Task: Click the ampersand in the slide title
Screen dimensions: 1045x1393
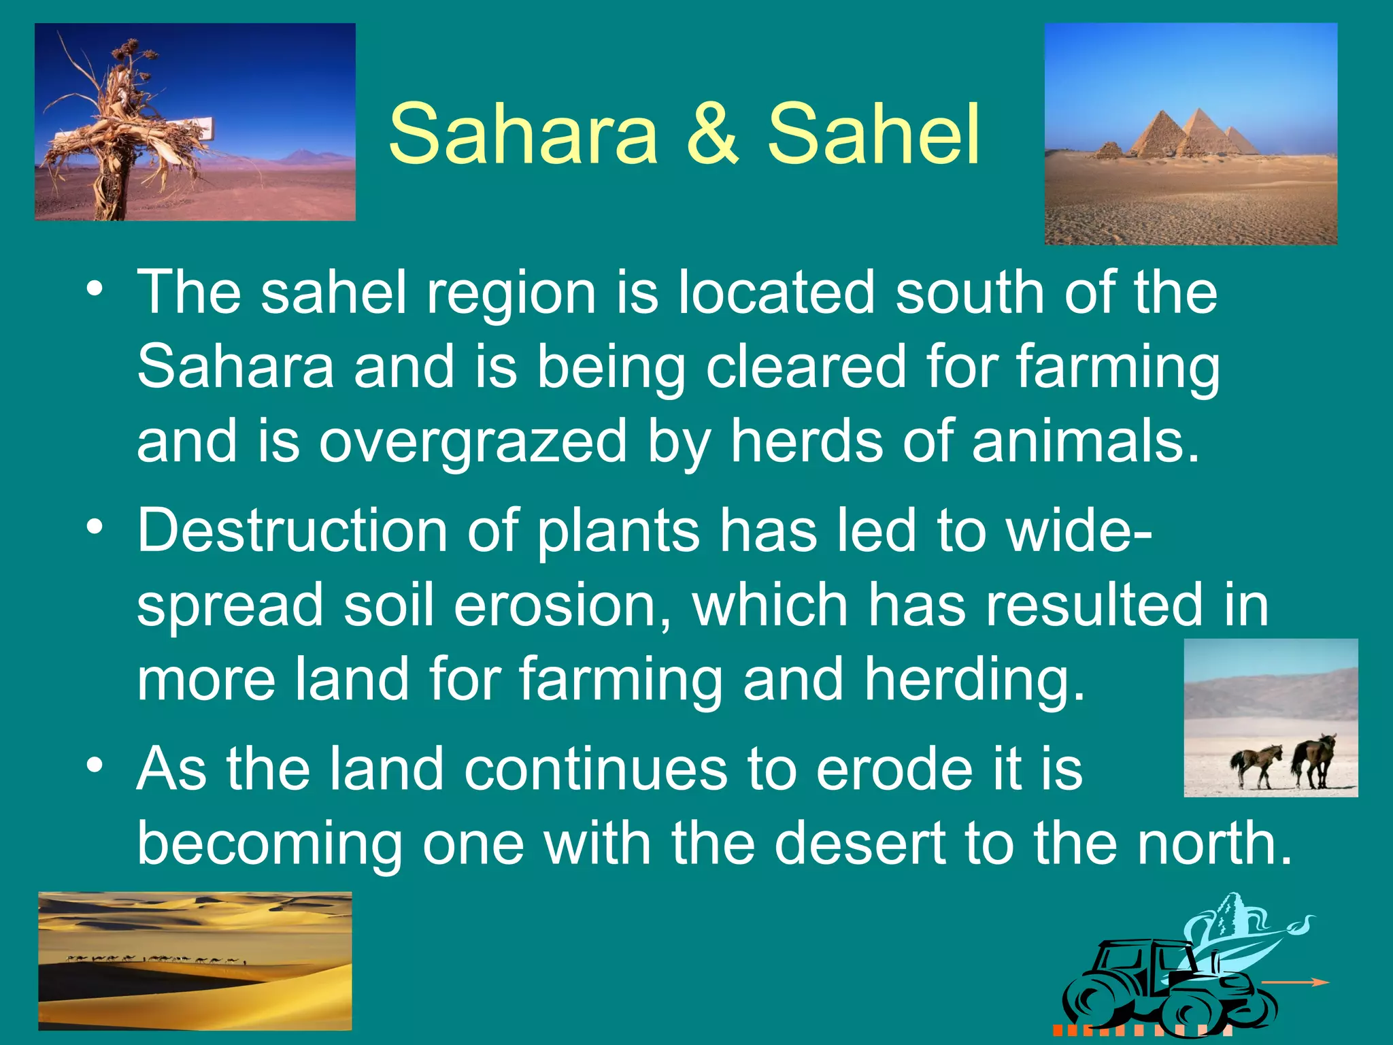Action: point(712,133)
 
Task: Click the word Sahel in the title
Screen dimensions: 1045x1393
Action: point(873,133)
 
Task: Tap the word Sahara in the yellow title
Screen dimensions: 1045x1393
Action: point(523,133)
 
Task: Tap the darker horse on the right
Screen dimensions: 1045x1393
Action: point(1314,759)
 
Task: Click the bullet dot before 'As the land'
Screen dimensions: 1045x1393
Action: point(96,766)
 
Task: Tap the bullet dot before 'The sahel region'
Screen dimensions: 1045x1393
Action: point(96,288)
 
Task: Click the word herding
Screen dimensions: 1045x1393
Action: point(974,680)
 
